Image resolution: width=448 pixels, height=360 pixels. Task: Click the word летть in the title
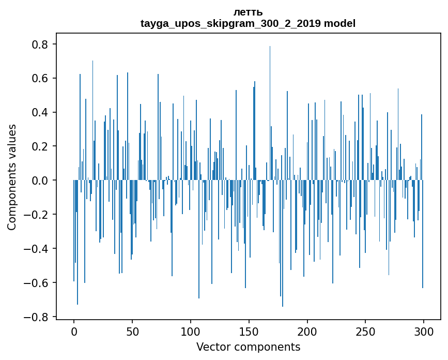[x=248, y=12]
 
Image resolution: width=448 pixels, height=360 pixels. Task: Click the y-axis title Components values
[x=12, y=177]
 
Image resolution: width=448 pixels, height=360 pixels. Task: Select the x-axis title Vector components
[x=248, y=347]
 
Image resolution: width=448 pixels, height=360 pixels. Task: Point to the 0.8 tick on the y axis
[x=41, y=44]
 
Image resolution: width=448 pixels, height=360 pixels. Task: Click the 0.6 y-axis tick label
[x=41, y=79]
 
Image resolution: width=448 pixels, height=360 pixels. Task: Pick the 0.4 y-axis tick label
[x=41, y=113]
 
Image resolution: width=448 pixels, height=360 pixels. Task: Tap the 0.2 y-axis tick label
[x=41, y=146]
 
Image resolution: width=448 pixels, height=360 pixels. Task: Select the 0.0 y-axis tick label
[x=41, y=181]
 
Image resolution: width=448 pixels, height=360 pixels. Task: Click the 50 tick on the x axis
[x=132, y=331]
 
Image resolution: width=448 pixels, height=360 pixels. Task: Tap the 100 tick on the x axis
[x=191, y=331]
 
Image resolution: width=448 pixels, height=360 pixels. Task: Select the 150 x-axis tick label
[x=249, y=331]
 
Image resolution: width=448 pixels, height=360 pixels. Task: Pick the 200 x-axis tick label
[x=307, y=331]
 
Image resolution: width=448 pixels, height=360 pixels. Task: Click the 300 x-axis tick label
[x=424, y=331]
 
